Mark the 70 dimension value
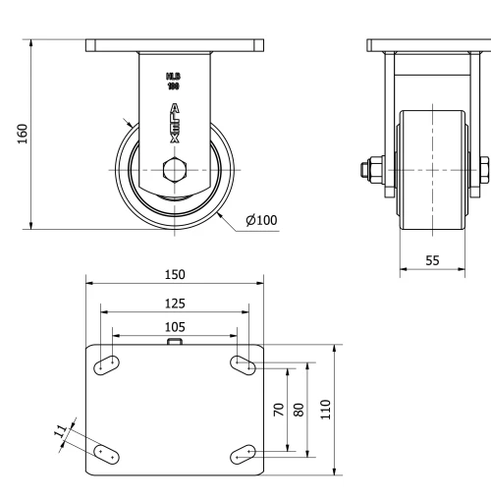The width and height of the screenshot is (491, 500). [x=278, y=408]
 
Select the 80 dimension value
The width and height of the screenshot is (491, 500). [x=300, y=408]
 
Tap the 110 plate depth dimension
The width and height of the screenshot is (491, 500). [x=327, y=408]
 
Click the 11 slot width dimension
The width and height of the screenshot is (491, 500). [x=60, y=431]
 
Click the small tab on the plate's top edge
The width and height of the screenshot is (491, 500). [x=175, y=342]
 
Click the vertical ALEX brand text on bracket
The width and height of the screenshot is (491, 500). [x=175, y=124]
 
